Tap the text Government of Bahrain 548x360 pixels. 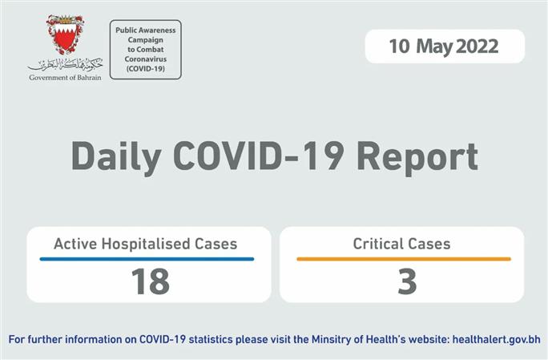[x=65, y=78]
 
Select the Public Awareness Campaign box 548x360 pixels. [x=145, y=50]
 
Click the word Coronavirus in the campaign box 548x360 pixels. [x=145, y=59]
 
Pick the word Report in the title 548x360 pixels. [x=418, y=156]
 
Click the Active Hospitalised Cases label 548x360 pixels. [x=145, y=244]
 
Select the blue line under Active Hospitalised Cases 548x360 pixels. [x=147, y=259]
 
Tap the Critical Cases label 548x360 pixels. [x=401, y=244]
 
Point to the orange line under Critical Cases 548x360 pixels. [x=403, y=259]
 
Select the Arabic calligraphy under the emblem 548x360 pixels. [x=65, y=63]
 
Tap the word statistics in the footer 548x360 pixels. [x=212, y=340]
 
